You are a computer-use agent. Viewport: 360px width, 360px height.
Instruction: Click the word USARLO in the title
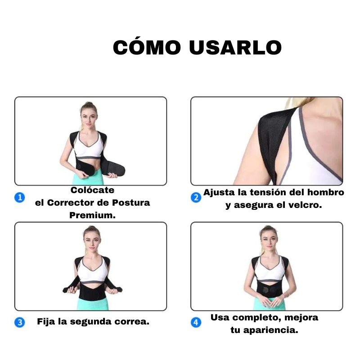235,48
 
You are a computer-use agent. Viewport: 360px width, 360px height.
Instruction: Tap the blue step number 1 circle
20,197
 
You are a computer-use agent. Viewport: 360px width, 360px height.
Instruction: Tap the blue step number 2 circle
196,197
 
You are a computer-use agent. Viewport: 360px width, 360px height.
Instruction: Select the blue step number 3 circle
20,322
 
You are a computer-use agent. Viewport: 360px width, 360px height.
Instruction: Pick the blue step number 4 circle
196,322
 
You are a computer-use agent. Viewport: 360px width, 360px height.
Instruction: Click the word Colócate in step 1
92,190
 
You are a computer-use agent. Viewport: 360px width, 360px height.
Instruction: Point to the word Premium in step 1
92,216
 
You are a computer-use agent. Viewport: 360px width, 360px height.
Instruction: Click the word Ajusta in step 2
219,193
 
